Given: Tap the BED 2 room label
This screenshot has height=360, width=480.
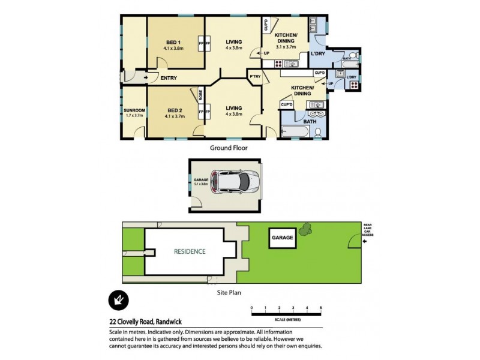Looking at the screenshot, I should (x=174, y=110).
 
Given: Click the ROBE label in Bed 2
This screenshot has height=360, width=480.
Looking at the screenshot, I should (x=202, y=95).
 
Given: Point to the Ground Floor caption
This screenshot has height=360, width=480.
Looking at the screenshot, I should (x=228, y=147).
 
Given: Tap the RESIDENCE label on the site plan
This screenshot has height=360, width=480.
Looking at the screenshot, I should (x=190, y=251).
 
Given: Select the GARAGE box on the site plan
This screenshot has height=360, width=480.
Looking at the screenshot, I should (x=283, y=238).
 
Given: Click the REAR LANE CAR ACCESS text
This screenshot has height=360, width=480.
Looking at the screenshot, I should (x=368, y=230).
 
